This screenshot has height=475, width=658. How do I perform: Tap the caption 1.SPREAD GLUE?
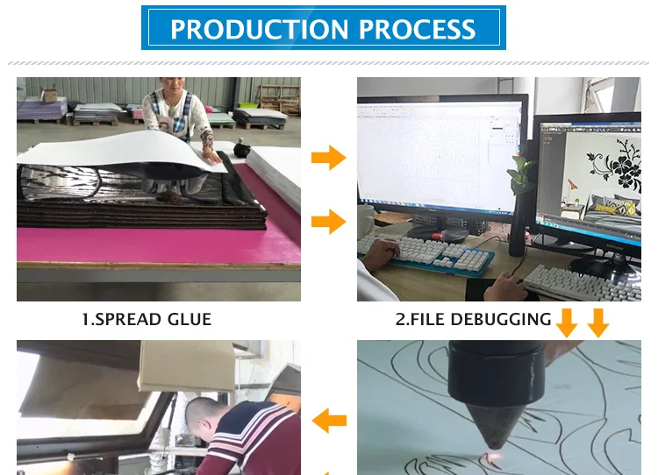tap(147, 319)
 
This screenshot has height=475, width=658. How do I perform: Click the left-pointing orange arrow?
tap(330, 420)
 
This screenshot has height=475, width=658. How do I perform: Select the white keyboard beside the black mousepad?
tap(580, 281)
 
